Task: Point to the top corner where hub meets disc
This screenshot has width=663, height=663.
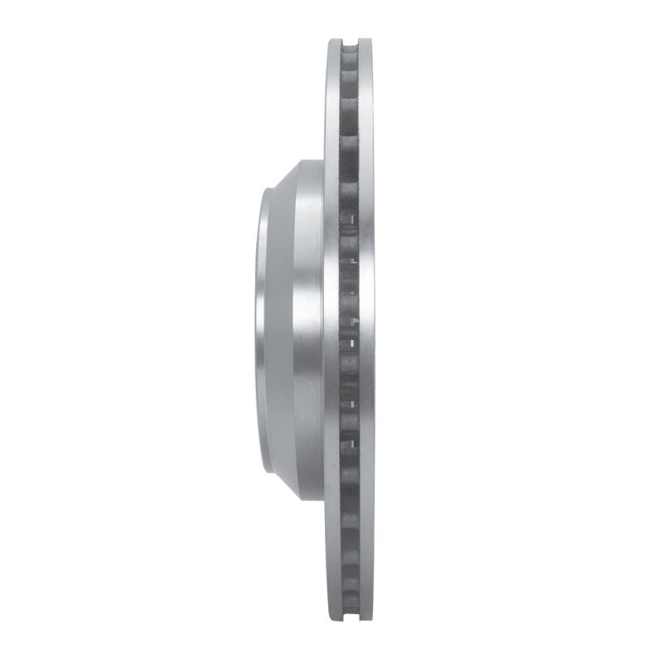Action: click(x=323, y=160)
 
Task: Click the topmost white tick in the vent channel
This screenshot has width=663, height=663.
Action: click(x=354, y=218)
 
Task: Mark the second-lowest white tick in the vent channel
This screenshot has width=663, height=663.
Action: click(x=353, y=406)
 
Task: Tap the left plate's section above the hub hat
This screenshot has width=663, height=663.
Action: click(x=331, y=99)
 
